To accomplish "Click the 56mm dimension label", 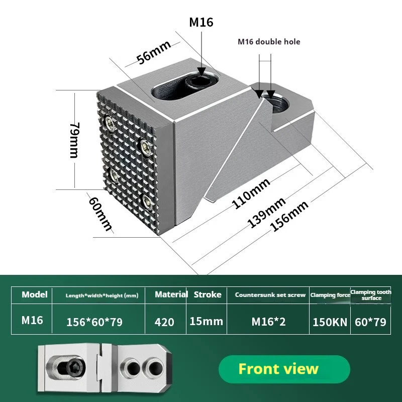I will tap(154, 52).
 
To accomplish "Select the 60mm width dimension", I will tap(100, 213).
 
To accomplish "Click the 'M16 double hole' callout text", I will tap(269, 42).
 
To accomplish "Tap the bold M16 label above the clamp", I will tap(201, 22).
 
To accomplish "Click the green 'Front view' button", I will tap(278, 369).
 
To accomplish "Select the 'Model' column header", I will tap(35, 294).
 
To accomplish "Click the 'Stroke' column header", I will tap(208, 294).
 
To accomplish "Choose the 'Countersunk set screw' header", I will tap(270, 295).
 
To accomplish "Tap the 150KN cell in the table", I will tap(330, 322).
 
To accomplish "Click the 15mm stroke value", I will tap(207, 321).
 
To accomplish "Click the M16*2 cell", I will tap(268, 322).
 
